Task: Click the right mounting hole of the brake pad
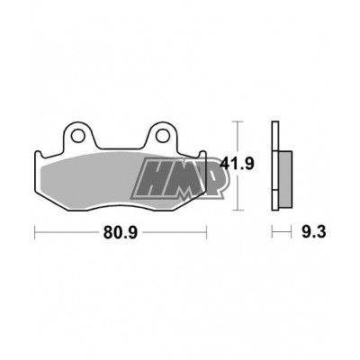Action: (x=164, y=138)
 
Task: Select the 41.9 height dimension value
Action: (x=236, y=164)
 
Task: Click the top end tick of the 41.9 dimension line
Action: (x=236, y=121)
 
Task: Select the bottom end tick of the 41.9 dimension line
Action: (x=236, y=208)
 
